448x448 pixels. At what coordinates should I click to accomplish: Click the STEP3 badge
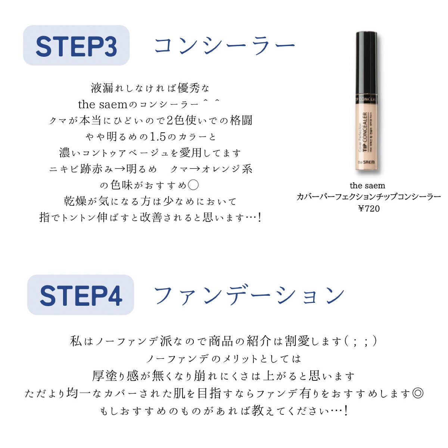[76, 46]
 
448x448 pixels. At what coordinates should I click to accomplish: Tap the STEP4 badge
[81, 295]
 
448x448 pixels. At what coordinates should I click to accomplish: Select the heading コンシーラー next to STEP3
[224, 46]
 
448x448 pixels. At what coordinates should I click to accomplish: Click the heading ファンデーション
[249, 295]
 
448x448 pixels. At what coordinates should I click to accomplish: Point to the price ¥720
[368, 208]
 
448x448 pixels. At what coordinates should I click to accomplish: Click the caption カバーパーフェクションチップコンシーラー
[368, 197]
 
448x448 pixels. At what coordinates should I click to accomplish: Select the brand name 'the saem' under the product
[367, 186]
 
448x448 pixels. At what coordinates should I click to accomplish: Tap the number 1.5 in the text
[157, 137]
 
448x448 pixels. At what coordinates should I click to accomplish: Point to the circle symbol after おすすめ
[193, 185]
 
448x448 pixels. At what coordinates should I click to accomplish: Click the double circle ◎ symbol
[418, 393]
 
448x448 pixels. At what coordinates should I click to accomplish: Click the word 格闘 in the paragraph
[241, 120]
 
